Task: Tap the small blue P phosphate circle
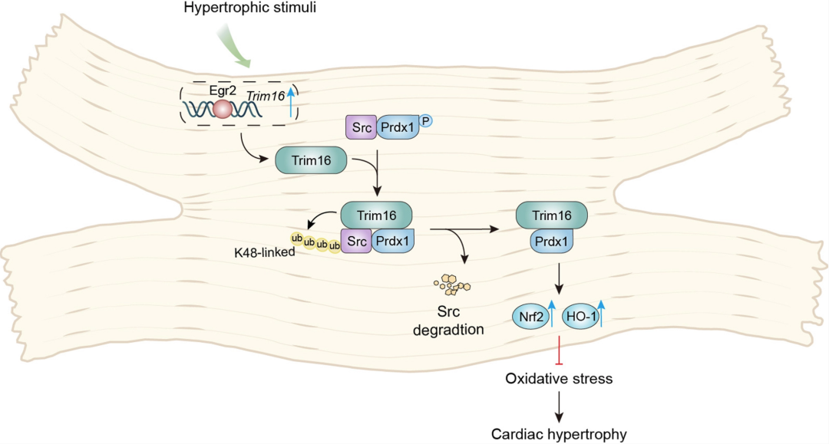pos(424,121)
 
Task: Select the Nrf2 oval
pos(529,314)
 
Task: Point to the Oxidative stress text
pos(559,378)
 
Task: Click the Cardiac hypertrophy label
pos(559,434)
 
